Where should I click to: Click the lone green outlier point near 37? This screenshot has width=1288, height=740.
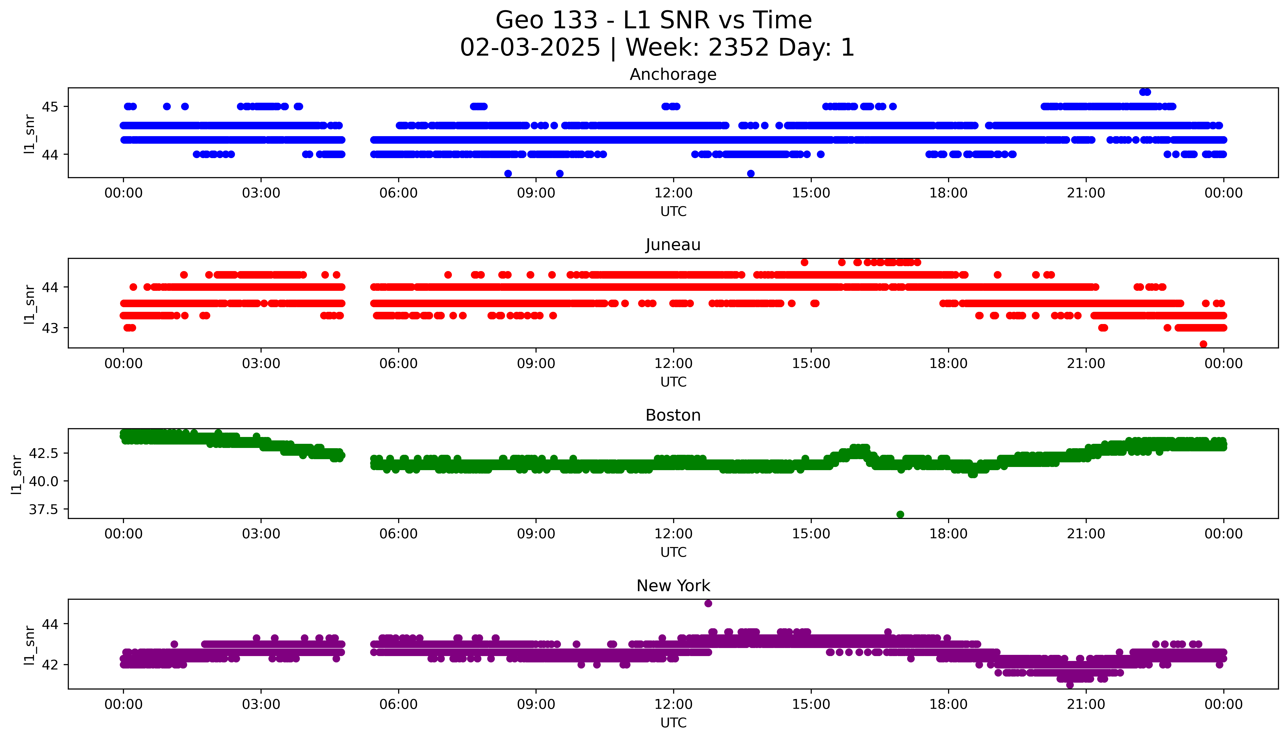pyautogui.click(x=900, y=514)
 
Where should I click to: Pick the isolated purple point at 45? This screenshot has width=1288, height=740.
pyautogui.click(x=708, y=603)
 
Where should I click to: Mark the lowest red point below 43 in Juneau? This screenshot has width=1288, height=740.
pyautogui.click(x=1203, y=344)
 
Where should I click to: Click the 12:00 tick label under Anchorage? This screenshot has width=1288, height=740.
pyautogui.click(x=673, y=193)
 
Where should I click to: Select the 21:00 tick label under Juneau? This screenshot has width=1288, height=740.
pyautogui.click(x=1086, y=363)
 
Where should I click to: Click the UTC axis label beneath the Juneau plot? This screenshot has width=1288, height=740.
pyautogui.click(x=673, y=382)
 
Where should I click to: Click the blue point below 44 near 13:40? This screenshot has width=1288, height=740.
pyautogui.click(x=750, y=173)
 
